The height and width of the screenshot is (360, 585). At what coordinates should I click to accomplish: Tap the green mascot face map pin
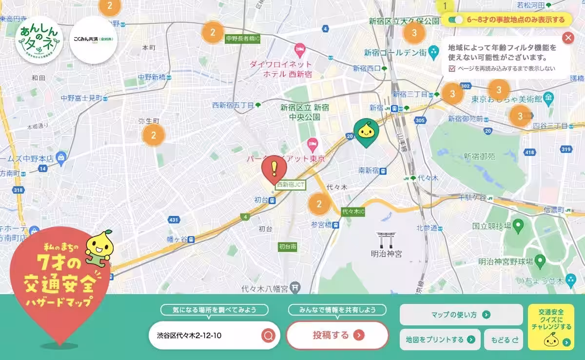click(x=365, y=131)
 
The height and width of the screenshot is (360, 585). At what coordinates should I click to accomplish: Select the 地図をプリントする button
click(x=440, y=340)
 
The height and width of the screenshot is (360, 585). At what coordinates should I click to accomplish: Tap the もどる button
click(x=504, y=340)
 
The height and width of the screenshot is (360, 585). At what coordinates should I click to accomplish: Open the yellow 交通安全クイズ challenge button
click(x=551, y=326)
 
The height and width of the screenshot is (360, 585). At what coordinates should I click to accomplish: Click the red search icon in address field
click(x=268, y=336)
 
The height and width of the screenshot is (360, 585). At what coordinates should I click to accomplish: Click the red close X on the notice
click(x=568, y=38)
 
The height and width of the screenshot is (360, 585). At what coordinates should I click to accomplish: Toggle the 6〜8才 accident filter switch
click(x=457, y=20)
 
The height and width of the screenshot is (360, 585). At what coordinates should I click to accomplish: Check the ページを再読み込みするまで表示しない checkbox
click(x=452, y=68)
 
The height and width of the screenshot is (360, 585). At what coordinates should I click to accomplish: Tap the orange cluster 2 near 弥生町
click(x=154, y=135)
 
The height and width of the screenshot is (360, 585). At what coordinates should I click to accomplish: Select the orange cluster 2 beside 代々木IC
click(x=319, y=204)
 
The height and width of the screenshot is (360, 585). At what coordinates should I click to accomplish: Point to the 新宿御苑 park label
click(x=479, y=157)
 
